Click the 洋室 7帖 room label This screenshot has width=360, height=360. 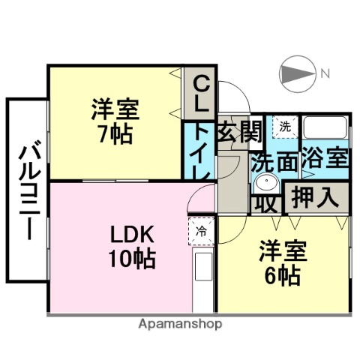click(x=115, y=121)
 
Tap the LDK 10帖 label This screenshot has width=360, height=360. click(x=132, y=247)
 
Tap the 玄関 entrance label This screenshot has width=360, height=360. click(x=239, y=131)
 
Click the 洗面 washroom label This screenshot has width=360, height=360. click(x=274, y=163)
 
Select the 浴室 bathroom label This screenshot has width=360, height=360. click(x=325, y=158)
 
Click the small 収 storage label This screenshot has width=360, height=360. click(x=266, y=205)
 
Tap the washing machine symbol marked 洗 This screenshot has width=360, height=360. click(x=286, y=127)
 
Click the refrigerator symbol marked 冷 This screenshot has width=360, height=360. click(x=201, y=231)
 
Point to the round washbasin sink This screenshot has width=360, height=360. click(x=266, y=183)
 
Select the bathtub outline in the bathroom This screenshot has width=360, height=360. click(x=325, y=127)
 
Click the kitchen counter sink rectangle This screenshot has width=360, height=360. click(x=203, y=266)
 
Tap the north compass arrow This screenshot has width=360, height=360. click(x=297, y=73)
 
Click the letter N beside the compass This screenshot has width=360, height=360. click(x=325, y=73)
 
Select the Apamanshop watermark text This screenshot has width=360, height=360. click(x=180, y=324)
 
